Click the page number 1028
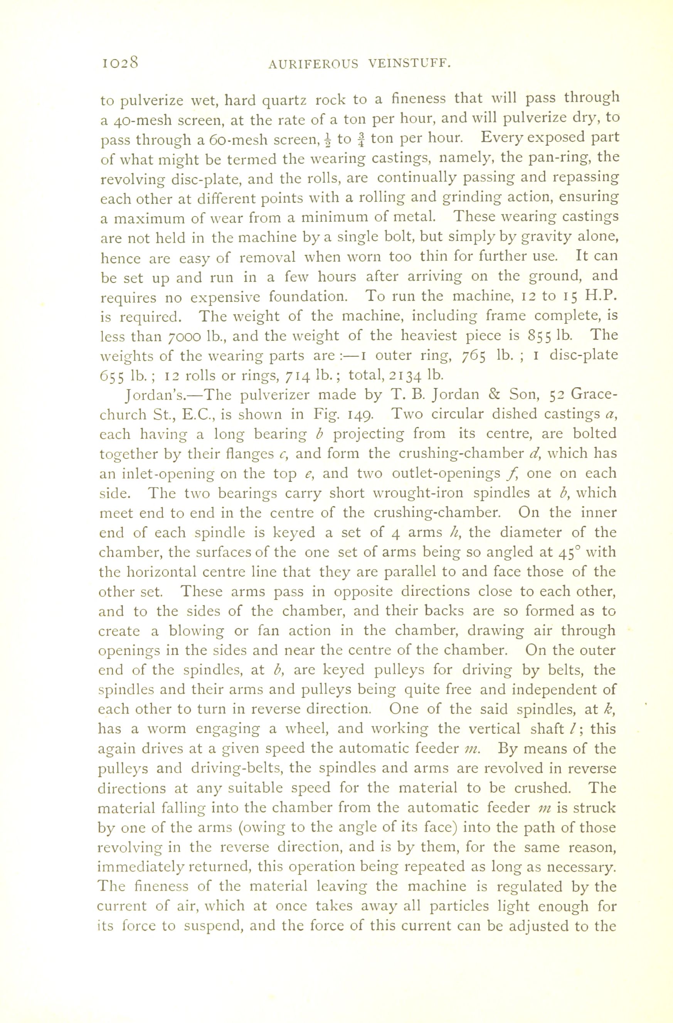click(119, 63)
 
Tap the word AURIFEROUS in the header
click(313, 64)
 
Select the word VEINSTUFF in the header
click(409, 64)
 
